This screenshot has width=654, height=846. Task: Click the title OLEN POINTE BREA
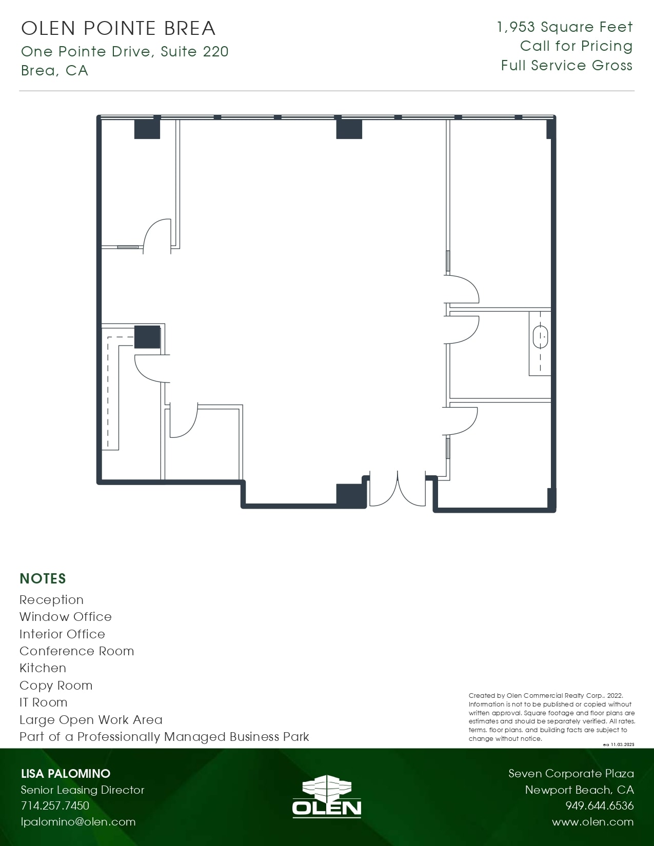coord(118,28)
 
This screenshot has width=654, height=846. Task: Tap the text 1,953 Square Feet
coord(565,27)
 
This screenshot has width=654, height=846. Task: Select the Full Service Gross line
coord(566,66)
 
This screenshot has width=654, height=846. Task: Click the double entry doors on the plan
coord(398,490)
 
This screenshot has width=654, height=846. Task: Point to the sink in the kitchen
coord(540,338)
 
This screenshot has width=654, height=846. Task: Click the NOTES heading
coord(43,578)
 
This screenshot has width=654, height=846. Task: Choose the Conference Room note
coord(76,651)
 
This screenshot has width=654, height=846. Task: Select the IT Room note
coord(43,702)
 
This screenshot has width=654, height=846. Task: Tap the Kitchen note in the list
coord(43,668)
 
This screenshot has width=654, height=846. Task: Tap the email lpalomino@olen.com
coord(78,821)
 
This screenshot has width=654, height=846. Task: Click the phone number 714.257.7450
coord(55,805)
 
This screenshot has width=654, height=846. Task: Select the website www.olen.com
coord(592,822)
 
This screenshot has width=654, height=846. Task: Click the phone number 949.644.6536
coord(599,805)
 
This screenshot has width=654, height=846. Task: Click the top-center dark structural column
coord(349,129)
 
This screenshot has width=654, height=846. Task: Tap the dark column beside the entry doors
coord(351,495)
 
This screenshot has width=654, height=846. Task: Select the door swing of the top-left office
coord(156,236)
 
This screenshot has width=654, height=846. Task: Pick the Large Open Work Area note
coord(91,720)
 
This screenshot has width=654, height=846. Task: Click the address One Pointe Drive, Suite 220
coord(125,52)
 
